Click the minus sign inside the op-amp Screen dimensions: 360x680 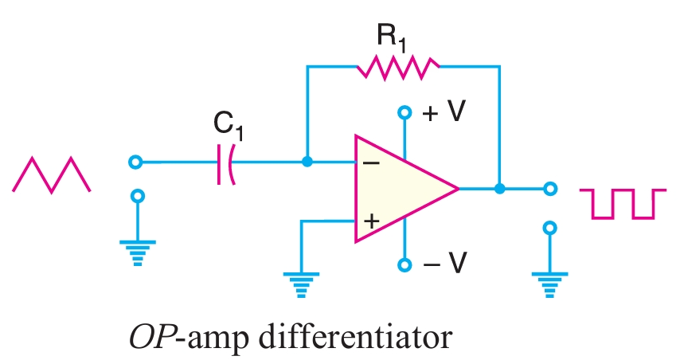(x=370, y=162)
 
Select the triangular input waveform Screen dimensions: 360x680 (x=52, y=174)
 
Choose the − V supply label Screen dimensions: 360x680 (x=444, y=264)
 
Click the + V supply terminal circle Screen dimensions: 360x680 (x=405, y=113)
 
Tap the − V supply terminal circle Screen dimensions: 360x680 (x=405, y=264)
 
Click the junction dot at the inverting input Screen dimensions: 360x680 (x=307, y=162)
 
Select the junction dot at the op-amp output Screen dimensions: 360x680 (x=499, y=190)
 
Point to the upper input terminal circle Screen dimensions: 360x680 (x=136, y=162)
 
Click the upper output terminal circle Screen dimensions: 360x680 (x=549, y=190)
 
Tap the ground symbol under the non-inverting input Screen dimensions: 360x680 (x=301, y=281)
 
